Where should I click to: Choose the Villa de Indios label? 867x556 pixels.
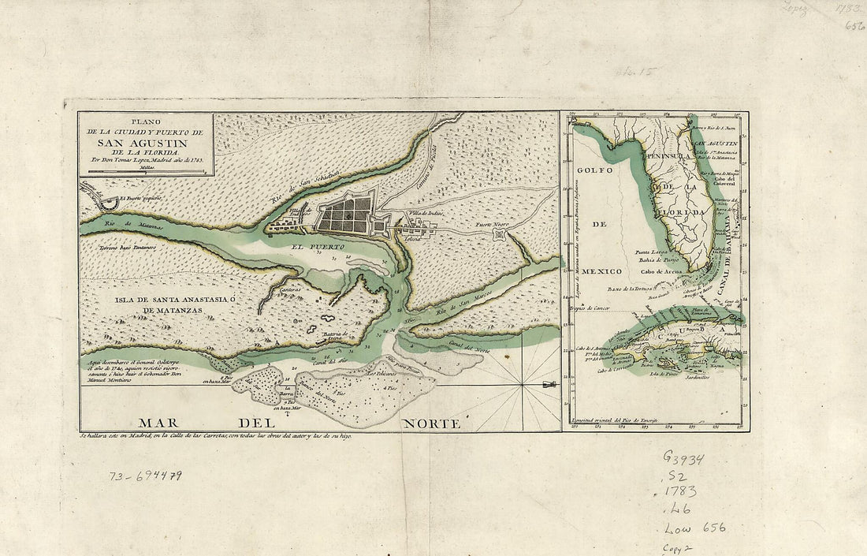(426, 214)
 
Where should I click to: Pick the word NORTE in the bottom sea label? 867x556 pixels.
(431, 424)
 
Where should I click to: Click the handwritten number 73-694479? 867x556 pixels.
(146, 476)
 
